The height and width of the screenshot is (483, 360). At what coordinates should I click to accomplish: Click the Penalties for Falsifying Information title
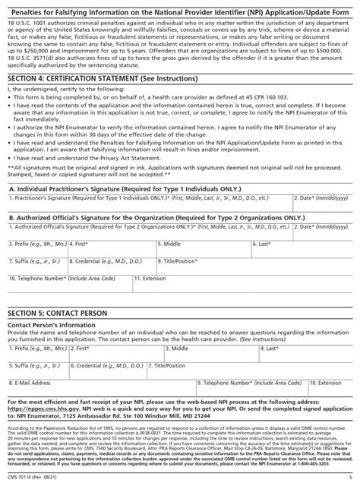point(179,8)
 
